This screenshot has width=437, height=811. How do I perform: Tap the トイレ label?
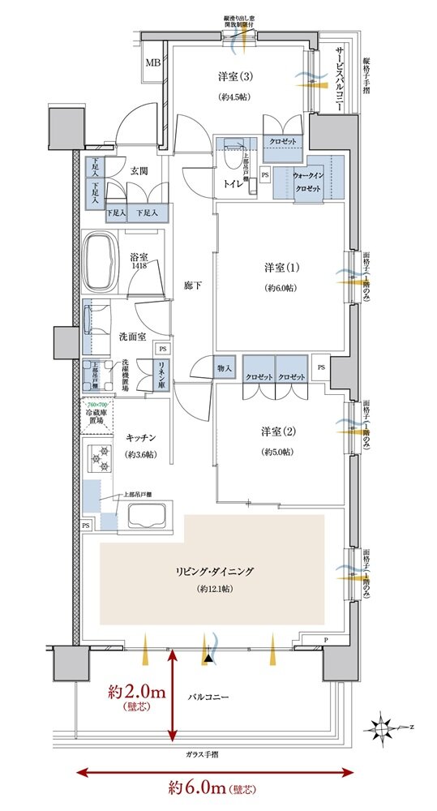click(233, 185)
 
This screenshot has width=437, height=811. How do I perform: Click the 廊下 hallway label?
click(191, 286)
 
